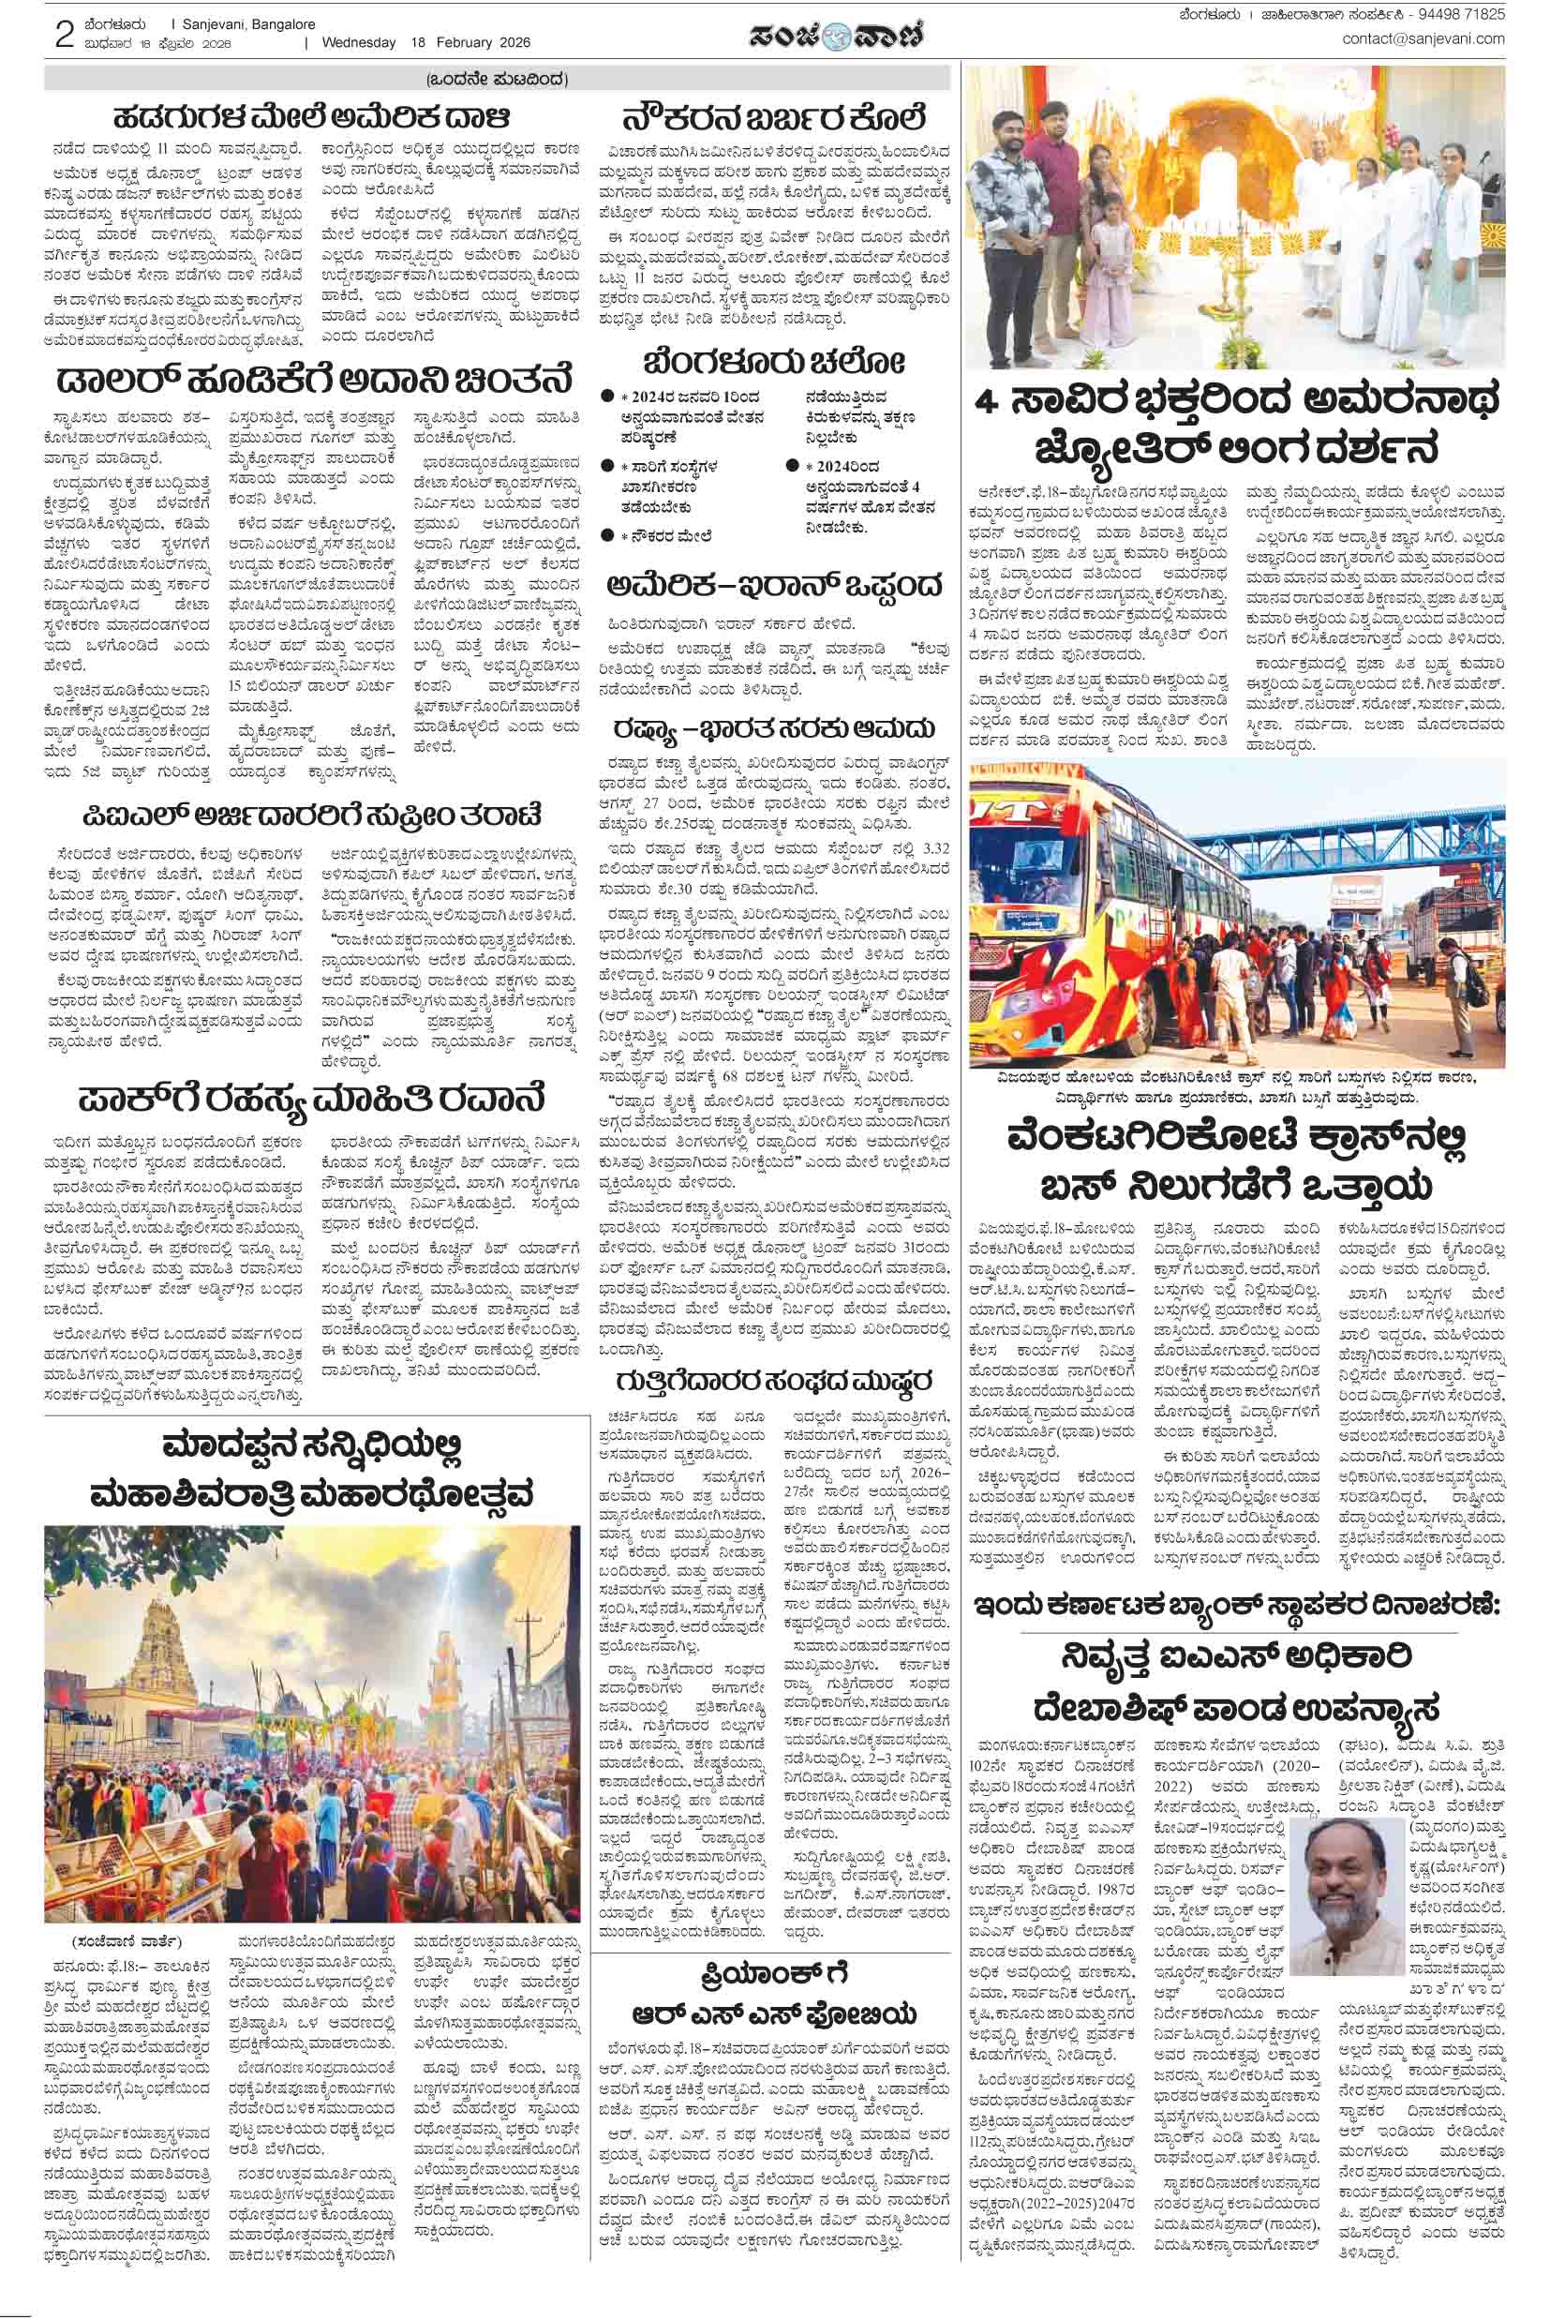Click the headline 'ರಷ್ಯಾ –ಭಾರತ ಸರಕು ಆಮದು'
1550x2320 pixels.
773,728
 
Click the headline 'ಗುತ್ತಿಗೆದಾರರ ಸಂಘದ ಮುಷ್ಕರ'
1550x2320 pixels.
773,1380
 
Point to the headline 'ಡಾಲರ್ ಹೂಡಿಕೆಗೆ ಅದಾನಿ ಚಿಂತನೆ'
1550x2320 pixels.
312,380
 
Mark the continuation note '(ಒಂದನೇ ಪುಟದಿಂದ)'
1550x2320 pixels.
498,79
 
